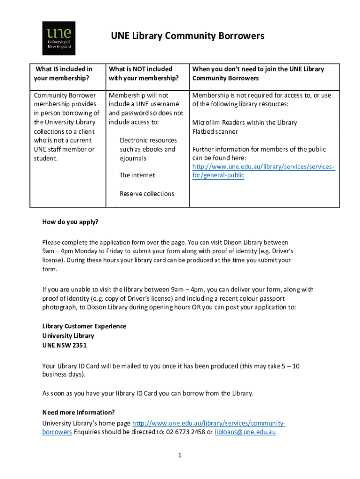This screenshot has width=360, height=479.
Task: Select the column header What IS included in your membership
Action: coord(64,73)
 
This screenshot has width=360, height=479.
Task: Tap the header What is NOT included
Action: coord(141,69)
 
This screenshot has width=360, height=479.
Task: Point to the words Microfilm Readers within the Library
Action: coord(245,123)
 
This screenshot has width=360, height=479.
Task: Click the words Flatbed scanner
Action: coord(215,132)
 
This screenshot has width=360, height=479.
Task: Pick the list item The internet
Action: coord(137,175)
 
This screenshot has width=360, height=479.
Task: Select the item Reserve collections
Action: coord(147,194)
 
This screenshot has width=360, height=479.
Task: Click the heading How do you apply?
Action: coord(70,222)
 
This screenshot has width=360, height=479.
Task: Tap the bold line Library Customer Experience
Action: coord(84,326)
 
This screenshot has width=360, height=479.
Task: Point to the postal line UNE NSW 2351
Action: coord(64,345)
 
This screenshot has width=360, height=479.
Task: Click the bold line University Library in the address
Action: coord(68,335)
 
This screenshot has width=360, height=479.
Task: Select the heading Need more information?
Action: coord(78,412)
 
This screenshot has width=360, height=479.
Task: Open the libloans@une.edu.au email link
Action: coord(245,432)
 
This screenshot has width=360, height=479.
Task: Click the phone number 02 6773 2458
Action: coord(185,432)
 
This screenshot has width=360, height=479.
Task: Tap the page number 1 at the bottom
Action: coord(179,456)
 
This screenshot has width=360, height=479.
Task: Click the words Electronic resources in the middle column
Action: coord(148,140)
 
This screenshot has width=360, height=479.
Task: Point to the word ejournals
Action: coord(133,158)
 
